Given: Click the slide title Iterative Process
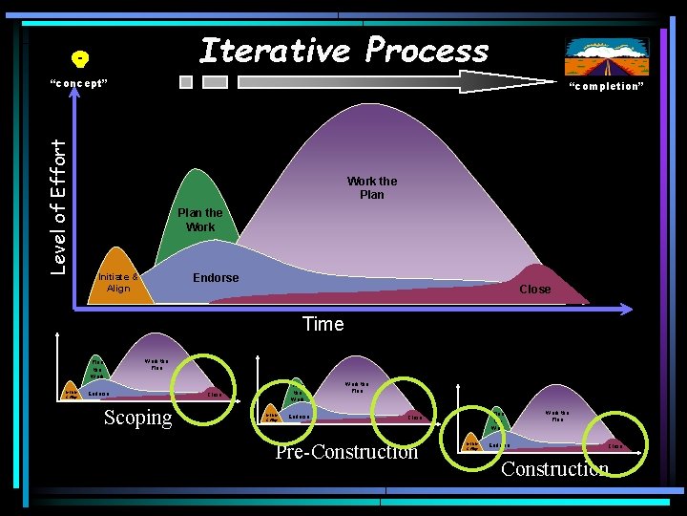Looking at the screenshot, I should [343, 50].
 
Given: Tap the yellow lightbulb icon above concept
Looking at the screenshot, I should [81, 59].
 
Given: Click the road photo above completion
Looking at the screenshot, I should [606, 56].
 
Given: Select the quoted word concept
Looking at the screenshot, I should [78, 83].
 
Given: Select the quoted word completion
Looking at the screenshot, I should [606, 86].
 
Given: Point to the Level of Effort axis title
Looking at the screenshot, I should [59, 206].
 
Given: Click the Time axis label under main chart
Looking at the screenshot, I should [323, 324].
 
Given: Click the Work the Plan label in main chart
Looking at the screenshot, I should [372, 187].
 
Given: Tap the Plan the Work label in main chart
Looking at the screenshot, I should [200, 220].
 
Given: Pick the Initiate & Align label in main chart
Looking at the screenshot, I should [118, 283].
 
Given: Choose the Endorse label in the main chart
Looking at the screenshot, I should [216, 278].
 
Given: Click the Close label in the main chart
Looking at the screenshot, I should [534, 289].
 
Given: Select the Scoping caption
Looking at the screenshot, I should [138, 418].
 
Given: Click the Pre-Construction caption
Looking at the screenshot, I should [346, 452].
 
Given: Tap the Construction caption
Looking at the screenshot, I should [554, 468].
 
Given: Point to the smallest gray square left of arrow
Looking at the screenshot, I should [186, 82].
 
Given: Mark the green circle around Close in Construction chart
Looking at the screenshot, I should [615, 439].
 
